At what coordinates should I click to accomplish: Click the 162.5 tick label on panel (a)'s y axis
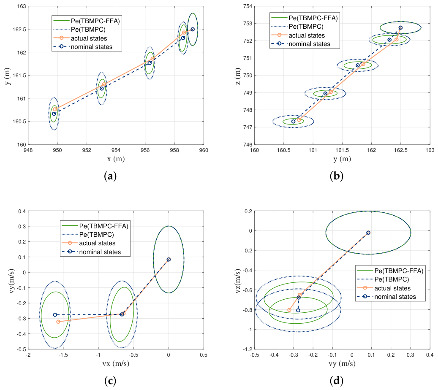19,30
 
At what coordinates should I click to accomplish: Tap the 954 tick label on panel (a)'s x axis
116,150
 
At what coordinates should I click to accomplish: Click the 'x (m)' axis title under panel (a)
116,159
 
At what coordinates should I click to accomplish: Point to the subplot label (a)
110,176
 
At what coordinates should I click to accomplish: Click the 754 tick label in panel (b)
248,6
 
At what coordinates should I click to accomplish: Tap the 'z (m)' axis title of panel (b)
237,76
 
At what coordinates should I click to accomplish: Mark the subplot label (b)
337,176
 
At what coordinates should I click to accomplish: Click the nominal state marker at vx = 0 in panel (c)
169,260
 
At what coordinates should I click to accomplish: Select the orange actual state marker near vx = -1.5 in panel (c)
58,322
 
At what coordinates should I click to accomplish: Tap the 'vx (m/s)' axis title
116,363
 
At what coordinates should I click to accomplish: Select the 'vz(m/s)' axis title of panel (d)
238,281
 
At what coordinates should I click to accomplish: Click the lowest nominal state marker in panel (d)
298,310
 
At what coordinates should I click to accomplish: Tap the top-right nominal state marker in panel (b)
400,28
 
